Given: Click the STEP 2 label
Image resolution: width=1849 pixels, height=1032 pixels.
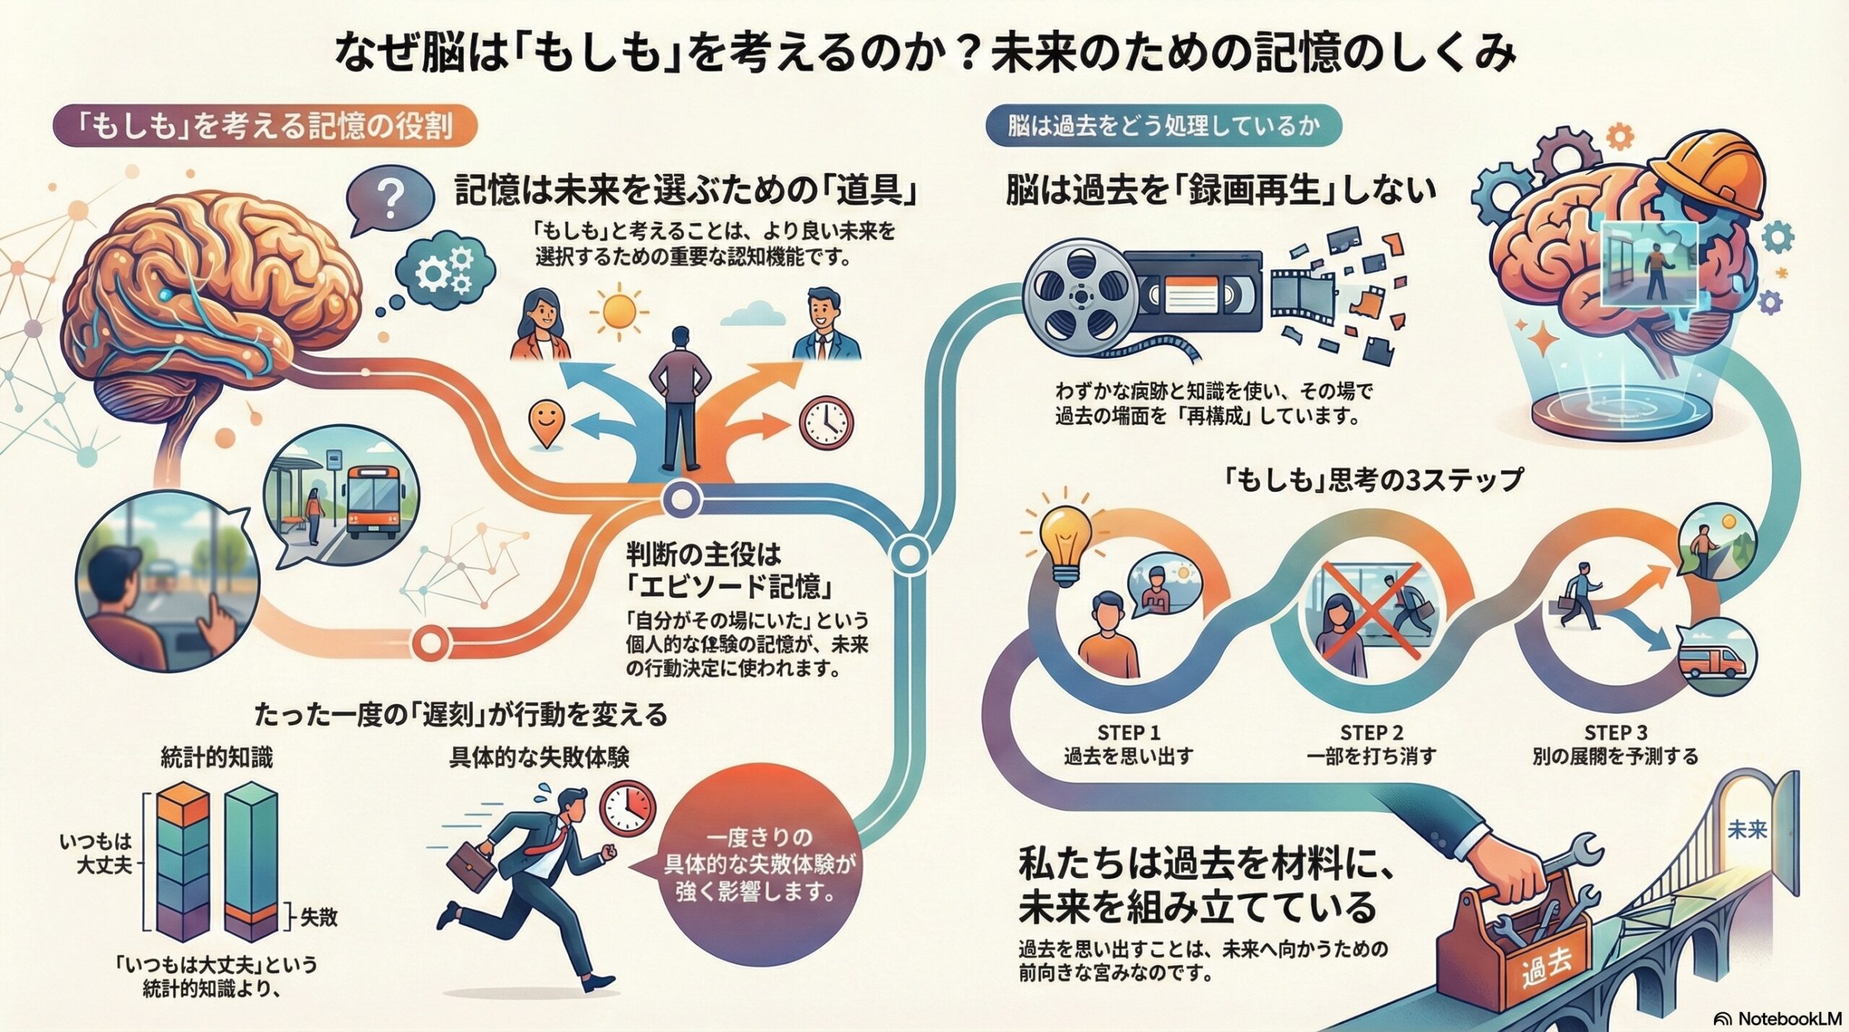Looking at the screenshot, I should tap(1371, 732).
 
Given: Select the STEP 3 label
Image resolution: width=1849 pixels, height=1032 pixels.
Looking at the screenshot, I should tap(1615, 732).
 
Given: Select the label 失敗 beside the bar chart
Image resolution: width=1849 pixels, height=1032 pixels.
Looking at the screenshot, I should tap(319, 918).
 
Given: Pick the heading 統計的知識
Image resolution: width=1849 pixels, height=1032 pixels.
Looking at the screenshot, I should tap(217, 758).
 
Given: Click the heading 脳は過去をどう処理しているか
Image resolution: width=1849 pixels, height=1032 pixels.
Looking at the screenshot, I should tap(1164, 127).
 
